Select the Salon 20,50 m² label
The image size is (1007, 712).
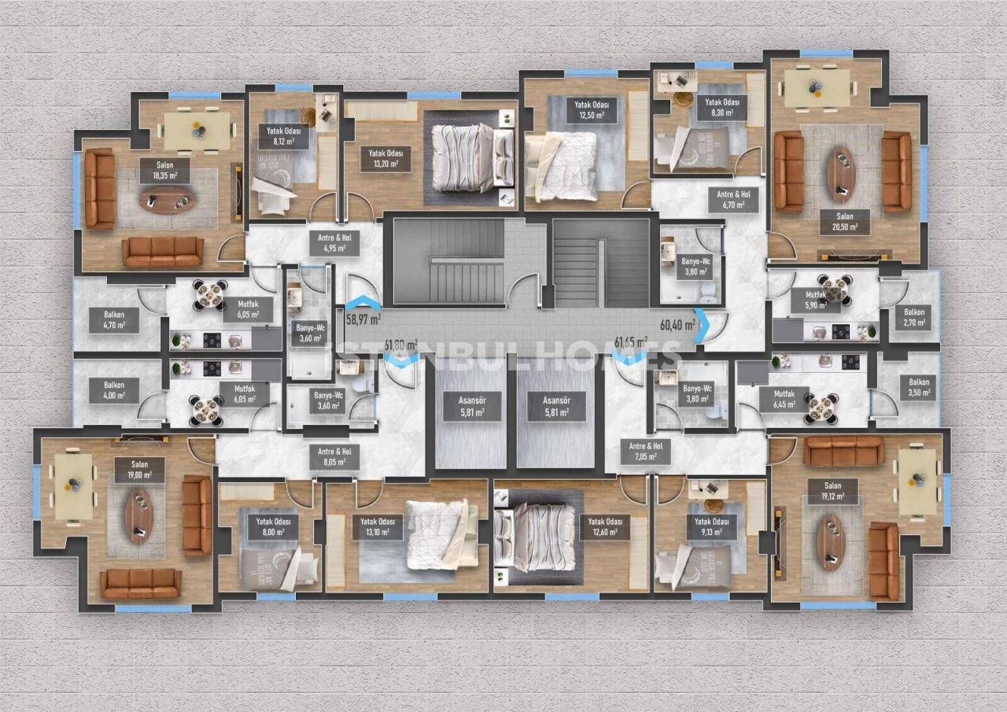click(841, 221)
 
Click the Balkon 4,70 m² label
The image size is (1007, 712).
click(120, 319)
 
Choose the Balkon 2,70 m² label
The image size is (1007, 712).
click(913, 316)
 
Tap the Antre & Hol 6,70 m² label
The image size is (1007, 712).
click(732, 201)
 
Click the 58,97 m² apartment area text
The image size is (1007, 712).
click(363, 320)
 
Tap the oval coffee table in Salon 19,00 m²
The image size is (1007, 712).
click(139, 515)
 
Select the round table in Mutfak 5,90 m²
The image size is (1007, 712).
click(834, 290)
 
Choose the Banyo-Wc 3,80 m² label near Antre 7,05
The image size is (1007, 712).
click(697, 393)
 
